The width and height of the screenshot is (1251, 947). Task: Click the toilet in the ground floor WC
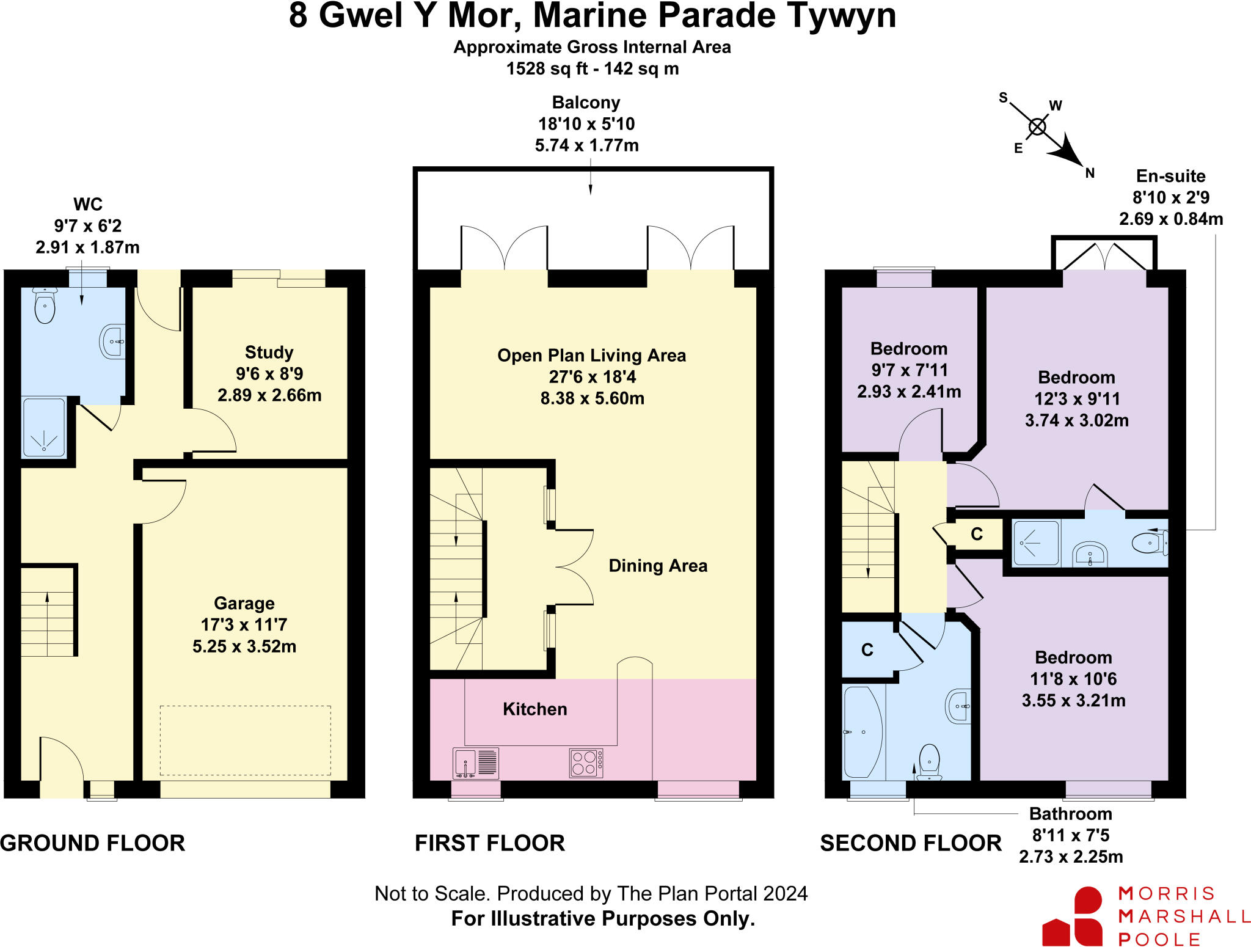[45, 306]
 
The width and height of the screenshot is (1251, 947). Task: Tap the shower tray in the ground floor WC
[43, 428]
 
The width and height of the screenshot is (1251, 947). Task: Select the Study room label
[269, 353]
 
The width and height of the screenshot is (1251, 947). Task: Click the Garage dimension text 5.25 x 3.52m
[244, 646]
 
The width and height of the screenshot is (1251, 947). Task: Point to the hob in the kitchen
[585, 763]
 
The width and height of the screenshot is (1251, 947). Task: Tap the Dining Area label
[658, 566]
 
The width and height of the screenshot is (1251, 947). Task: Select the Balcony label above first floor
[586, 103]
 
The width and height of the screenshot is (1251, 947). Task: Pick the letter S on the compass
[1003, 98]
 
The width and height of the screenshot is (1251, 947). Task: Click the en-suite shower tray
[1036, 542]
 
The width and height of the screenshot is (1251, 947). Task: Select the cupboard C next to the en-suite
[977, 535]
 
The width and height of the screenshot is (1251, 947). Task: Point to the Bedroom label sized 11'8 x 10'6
[1073, 658]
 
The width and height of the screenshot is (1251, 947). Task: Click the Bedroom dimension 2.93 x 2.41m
[909, 392]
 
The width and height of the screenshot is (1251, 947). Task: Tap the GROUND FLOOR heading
[92, 843]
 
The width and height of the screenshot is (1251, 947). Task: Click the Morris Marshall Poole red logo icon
[1074, 917]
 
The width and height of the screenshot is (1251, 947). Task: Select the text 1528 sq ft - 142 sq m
[592, 68]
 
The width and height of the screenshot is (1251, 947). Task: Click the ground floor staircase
[47, 612]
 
